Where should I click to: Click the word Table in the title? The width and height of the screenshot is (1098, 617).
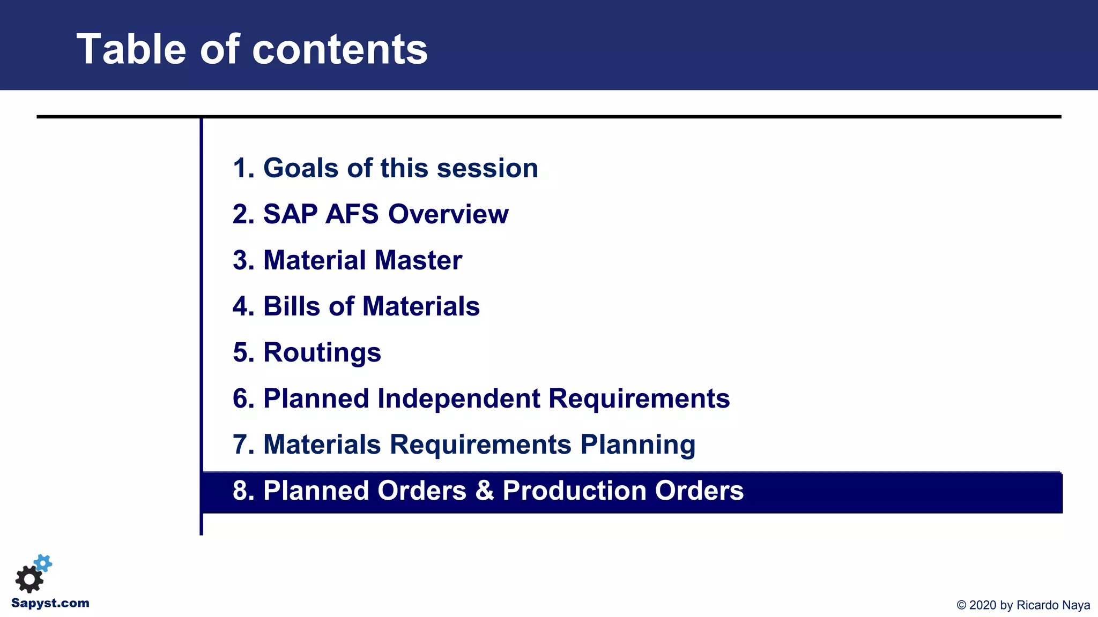(131, 49)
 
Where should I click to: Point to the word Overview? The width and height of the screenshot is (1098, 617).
(448, 214)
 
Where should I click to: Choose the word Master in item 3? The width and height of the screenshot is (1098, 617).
(418, 260)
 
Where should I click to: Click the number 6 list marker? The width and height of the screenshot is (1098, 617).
(241, 398)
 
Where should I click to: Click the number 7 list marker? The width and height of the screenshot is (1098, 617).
(241, 445)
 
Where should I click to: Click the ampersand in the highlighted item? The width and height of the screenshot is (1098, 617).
(484, 491)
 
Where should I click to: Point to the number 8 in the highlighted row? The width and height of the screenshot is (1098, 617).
(241, 491)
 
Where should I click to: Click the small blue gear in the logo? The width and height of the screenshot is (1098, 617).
(43, 563)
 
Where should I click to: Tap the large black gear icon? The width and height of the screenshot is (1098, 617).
(29, 579)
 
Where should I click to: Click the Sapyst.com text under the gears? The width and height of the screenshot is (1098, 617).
(50, 603)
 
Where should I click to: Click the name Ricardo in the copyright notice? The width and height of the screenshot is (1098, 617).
(1037, 605)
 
